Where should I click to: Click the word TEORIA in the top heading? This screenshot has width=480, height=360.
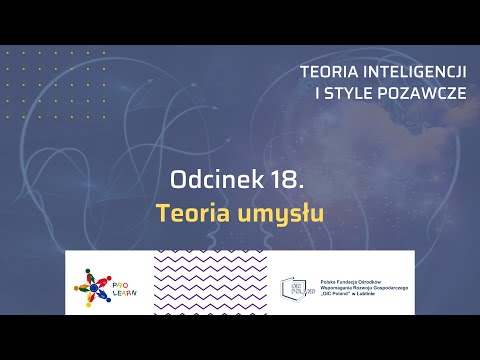click(330, 72)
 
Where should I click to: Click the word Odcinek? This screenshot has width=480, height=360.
click(209, 181)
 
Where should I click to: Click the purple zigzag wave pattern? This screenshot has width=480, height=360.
click(211, 285)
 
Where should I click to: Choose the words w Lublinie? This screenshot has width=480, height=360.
click(385, 294)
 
